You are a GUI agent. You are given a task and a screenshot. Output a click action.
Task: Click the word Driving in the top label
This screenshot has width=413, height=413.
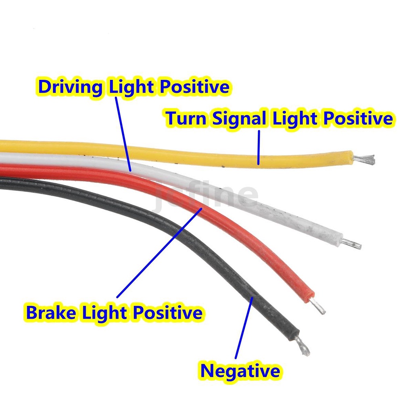(70, 88)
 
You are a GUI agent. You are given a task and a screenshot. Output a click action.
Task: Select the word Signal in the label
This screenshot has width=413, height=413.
(239, 119)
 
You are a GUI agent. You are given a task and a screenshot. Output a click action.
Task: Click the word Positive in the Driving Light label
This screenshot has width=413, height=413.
(195, 87)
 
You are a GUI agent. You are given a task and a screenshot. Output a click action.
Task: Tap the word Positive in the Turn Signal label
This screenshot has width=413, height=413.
(358, 118)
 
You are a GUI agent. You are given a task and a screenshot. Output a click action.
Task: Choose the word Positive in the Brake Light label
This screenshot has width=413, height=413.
(168, 313)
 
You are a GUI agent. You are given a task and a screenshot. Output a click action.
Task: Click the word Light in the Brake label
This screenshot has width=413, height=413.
(105, 313)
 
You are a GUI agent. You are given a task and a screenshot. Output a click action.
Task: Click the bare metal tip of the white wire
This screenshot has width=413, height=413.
(352, 243)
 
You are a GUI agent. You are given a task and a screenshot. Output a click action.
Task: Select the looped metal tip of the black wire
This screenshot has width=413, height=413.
(303, 346)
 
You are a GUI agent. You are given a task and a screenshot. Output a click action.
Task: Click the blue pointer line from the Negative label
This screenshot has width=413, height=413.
(244, 327)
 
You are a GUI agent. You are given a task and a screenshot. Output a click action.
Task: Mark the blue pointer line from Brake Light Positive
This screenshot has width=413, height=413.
(159, 252)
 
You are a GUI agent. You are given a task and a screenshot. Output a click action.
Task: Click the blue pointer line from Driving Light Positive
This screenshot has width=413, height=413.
(123, 134)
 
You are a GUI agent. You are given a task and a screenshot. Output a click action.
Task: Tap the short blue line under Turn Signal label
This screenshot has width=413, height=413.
(259, 148)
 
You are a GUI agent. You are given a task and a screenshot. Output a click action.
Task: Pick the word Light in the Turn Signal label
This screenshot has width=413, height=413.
(294, 119)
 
